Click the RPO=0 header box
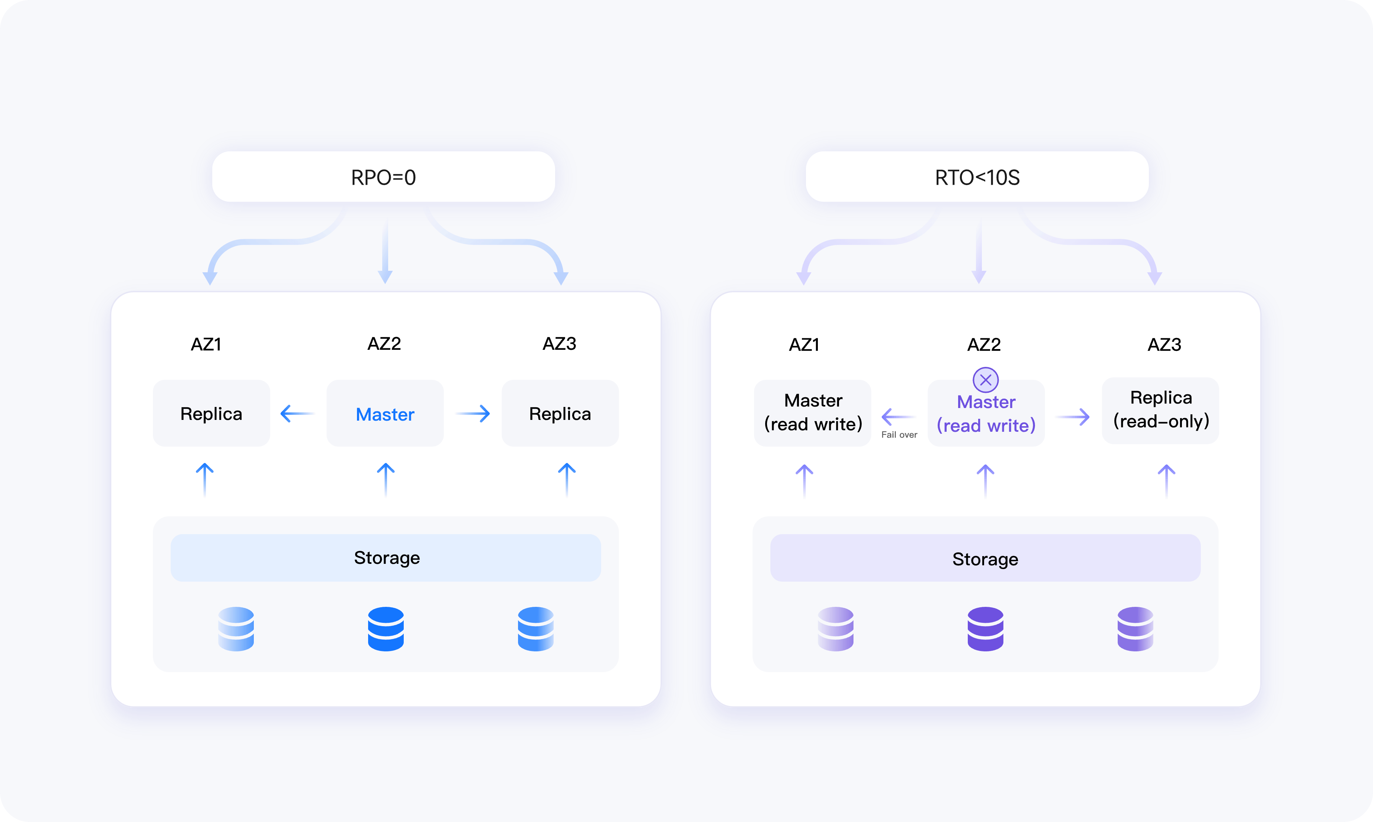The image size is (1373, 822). [383, 177]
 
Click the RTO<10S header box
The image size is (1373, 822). [977, 177]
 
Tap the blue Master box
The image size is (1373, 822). [385, 413]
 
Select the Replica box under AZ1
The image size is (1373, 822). [211, 413]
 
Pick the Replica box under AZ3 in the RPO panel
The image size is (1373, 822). [560, 413]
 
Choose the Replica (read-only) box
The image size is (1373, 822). [1161, 411]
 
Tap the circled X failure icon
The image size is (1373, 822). [986, 380]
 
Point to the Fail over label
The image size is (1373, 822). [899, 435]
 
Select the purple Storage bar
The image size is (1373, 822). [985, 558]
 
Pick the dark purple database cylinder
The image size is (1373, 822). [985, 629]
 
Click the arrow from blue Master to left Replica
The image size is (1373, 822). [298, 413]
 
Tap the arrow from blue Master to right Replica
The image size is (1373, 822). [473, 413]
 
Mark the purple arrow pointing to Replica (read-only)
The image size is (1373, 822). [1073, 417]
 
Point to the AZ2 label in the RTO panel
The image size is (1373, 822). [984, 345]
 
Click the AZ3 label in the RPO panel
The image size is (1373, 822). [560, 343]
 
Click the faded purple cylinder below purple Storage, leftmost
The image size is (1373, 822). [836, 629]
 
